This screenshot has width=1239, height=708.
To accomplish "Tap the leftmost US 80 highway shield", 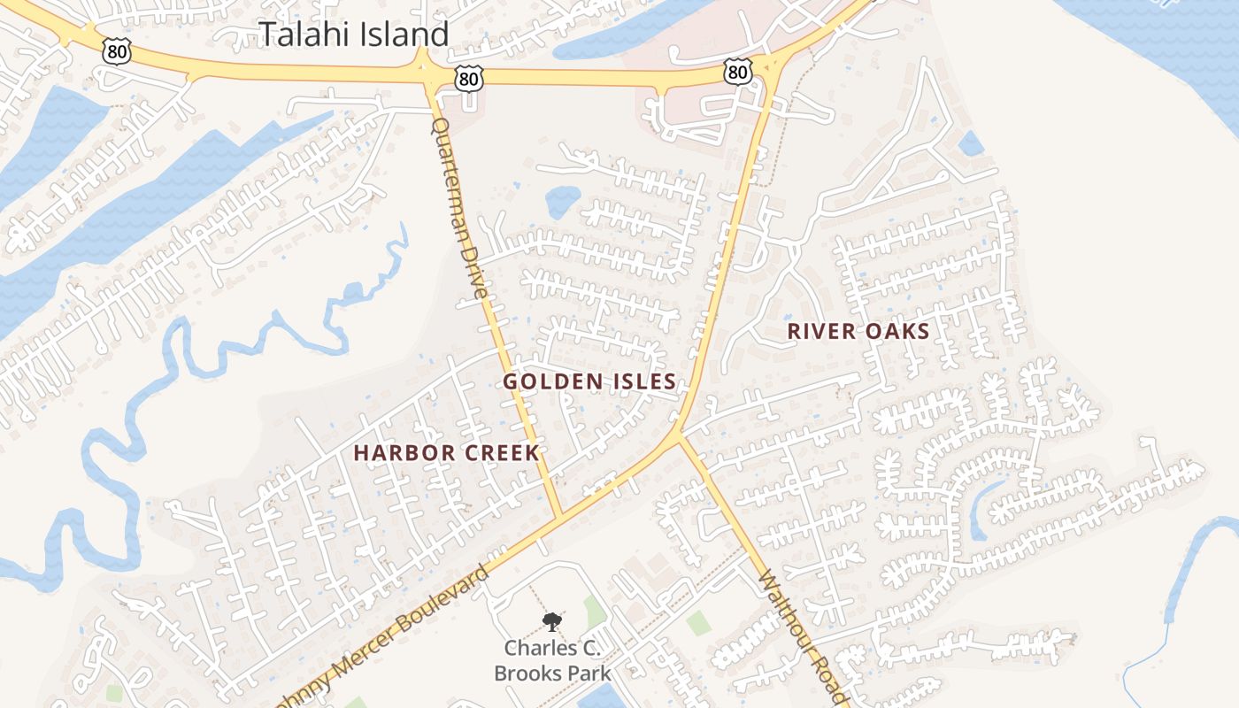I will tap(117, 52).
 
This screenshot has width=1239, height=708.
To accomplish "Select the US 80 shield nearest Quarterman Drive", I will tap(470, 80).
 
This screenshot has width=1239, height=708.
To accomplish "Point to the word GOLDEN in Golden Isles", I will tap(545, 381).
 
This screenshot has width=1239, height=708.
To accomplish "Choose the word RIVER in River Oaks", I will tap(821, 332).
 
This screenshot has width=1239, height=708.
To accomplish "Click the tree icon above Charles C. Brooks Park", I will tap(551, 621).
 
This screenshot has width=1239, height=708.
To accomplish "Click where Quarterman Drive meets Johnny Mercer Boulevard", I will tap(559, 515).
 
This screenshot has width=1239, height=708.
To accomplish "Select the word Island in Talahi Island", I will tap(402, 35).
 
